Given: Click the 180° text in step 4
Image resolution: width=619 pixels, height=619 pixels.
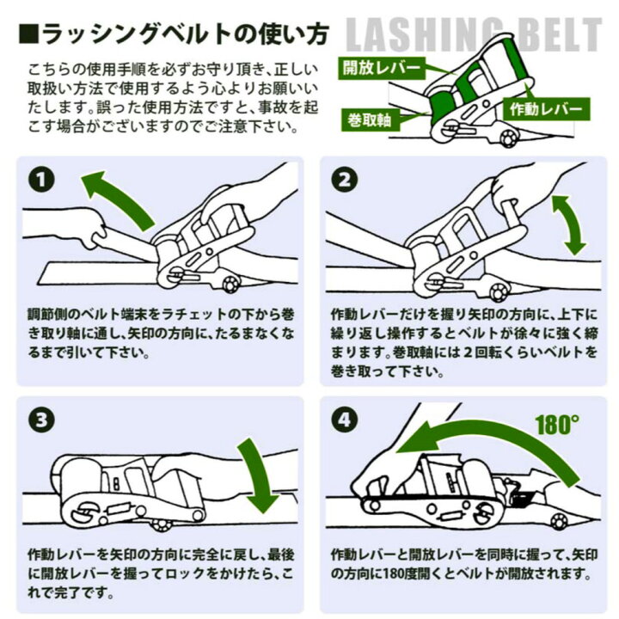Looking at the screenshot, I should pyautogui.click(x=556, y=425).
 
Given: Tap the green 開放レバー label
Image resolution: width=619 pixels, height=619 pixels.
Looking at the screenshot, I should pyautogui.click(x=382, y=65).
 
